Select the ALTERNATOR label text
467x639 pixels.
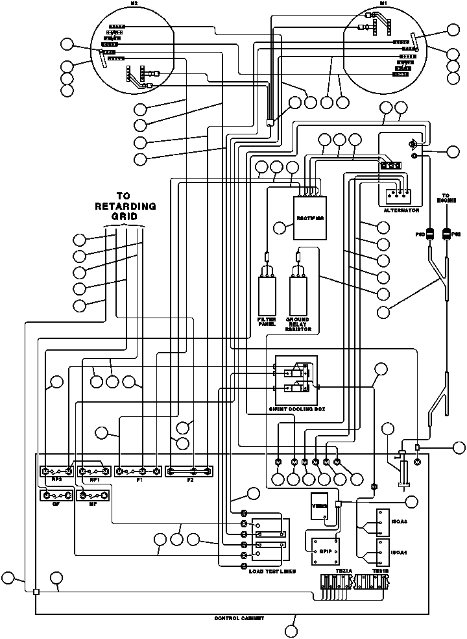click(x=401, y=211)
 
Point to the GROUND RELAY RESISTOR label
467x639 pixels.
click(x=298, y=325)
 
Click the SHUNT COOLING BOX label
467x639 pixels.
click(x=296, y=410)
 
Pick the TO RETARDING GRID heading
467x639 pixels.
click(x=126, y=207)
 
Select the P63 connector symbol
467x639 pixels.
click(x=429, y=234)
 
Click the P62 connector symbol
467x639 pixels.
click(x=446, y=234)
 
